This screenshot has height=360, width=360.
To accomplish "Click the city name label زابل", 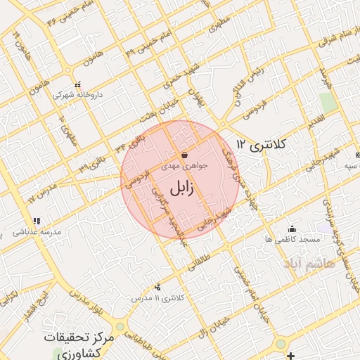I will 180,188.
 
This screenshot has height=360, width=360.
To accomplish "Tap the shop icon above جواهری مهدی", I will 184,155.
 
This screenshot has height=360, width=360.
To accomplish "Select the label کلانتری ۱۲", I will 262,145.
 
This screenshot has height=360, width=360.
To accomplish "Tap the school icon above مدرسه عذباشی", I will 37,221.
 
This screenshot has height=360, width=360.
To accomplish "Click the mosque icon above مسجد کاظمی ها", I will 292,229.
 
